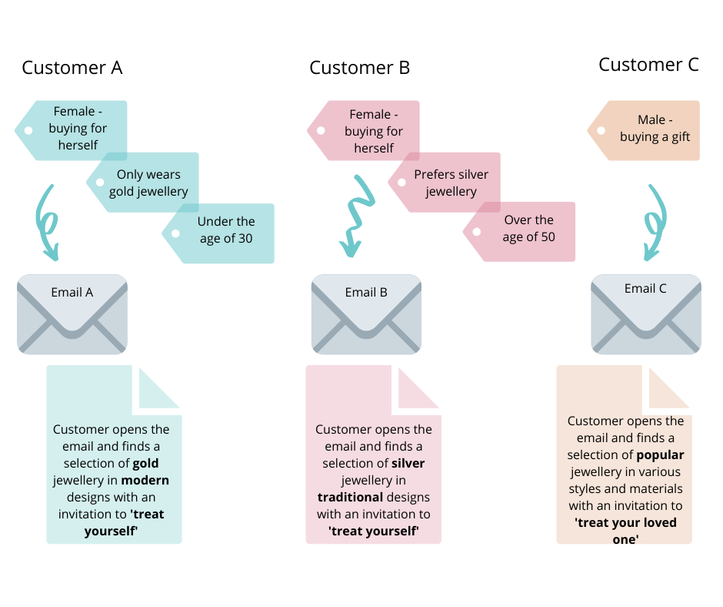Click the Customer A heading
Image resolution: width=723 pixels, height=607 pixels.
click(72, 68)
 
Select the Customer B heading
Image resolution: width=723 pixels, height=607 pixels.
click(359, 68)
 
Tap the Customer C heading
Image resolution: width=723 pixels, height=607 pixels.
click(648, 65)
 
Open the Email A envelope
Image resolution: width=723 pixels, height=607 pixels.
click(72, 314)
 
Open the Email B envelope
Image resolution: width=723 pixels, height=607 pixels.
click(366, 314)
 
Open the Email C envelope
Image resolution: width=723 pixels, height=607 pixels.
click(645, 314)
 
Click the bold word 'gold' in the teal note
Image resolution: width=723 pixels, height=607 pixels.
click(146, 464)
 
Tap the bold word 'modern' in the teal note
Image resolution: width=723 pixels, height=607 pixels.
click(146, 481)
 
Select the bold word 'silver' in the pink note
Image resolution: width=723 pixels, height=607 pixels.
click(408, 464)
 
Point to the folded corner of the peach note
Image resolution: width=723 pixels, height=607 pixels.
click(665, 390)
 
